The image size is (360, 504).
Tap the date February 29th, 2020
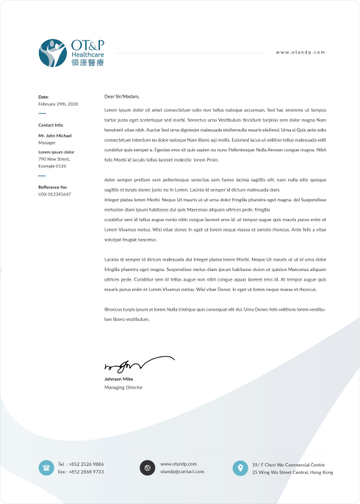click(57, 104)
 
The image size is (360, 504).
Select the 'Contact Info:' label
click(51, 125)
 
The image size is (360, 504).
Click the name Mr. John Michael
click(55, 135)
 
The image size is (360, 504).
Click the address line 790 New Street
click(54, 158)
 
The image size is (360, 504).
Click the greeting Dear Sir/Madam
click(121, 96)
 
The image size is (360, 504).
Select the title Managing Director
click(123, 387)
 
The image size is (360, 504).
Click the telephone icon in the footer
click(46, 467)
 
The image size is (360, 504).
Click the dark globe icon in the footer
click(146, 467)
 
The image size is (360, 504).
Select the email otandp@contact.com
click(181, 472)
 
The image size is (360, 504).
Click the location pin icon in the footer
click(239, 467)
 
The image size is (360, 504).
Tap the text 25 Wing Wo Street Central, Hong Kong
click(289, 472)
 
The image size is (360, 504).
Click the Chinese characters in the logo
click(87, 63)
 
